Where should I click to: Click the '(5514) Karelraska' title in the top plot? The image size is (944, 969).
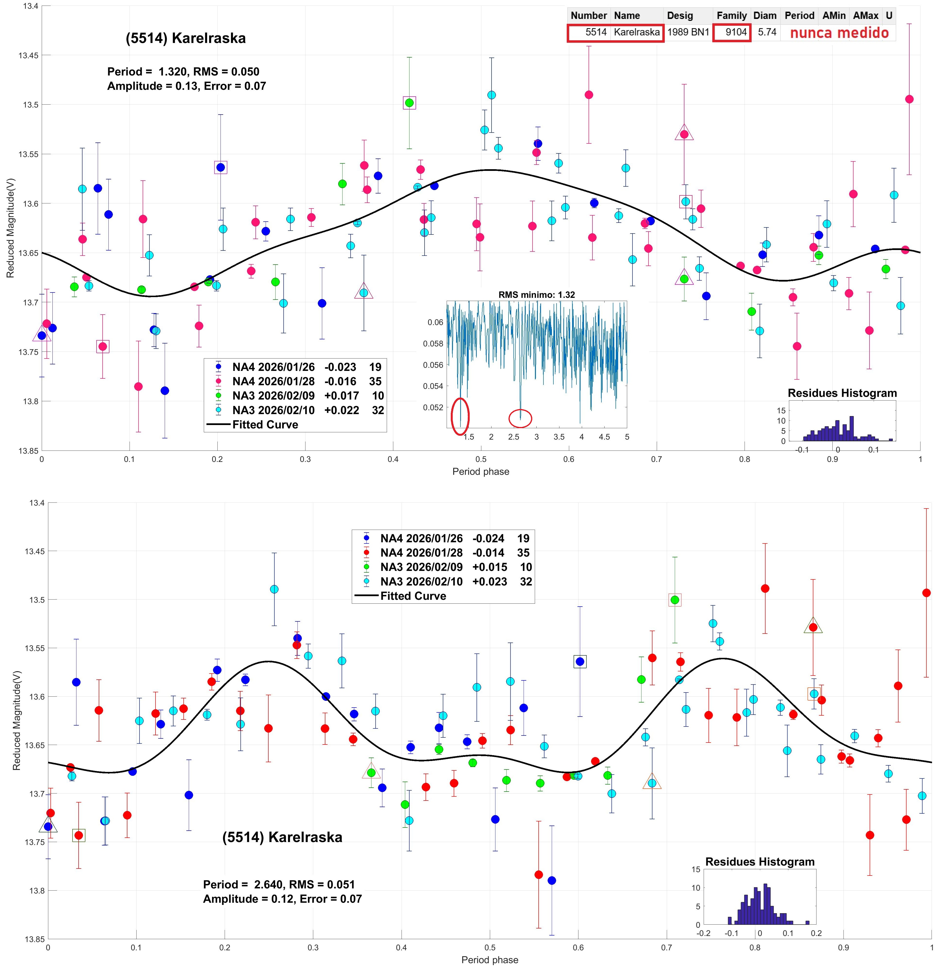click(x=185, y=38)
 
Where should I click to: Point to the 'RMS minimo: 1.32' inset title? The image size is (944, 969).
click(x=536, y=295)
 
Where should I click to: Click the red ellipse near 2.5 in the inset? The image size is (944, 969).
click(x=520, y=418)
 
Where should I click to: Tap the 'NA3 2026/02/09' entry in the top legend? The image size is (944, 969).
click(x=273, y=396)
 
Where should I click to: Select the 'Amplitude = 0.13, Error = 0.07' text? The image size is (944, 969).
click(x=186, y=86)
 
